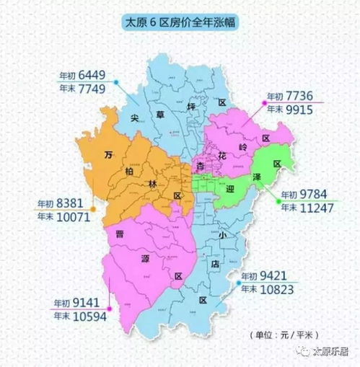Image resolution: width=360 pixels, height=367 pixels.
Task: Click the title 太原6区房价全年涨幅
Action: click(x=180, y=23)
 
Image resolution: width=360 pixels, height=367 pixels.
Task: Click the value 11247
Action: click(x=318, y=208)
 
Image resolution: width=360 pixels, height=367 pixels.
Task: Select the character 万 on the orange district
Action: click(x=109, y=154)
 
